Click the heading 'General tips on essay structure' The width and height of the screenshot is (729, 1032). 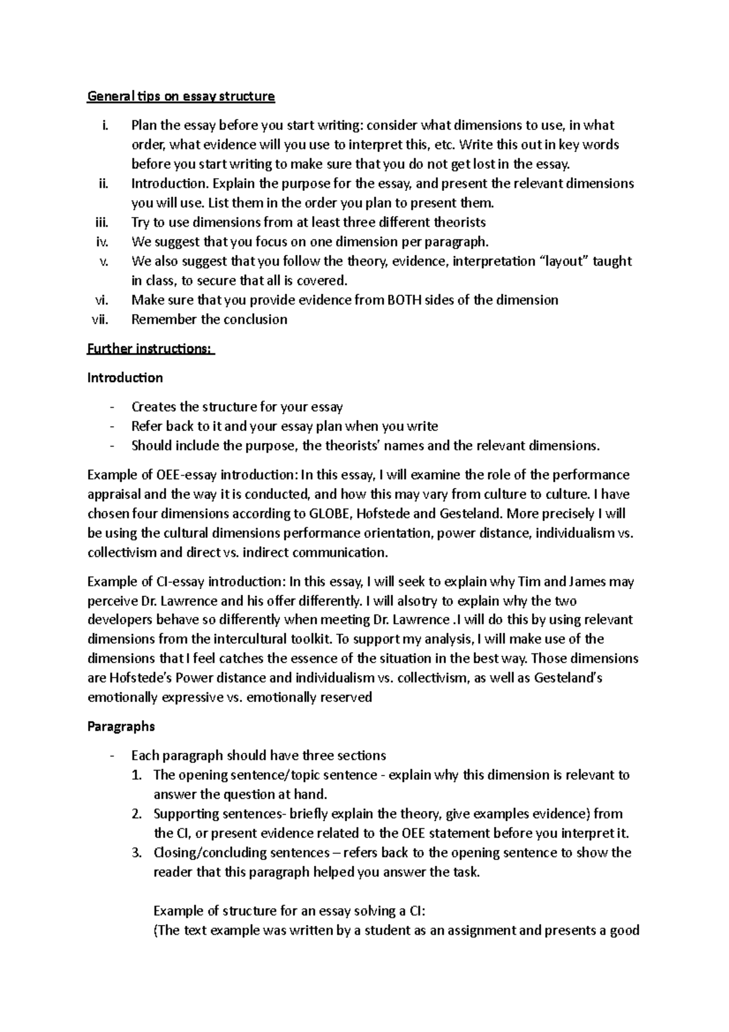181,96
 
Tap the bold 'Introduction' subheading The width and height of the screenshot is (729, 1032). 125,378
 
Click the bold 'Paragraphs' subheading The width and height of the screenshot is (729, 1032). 122,726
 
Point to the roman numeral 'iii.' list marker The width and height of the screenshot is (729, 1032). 101,222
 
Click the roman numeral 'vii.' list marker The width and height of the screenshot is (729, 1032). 99,320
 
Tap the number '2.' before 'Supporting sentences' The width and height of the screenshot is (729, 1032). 137,814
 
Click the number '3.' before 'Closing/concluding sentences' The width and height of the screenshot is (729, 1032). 137,853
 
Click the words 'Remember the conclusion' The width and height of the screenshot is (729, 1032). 209,320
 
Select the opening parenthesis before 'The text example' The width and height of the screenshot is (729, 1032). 156,931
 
